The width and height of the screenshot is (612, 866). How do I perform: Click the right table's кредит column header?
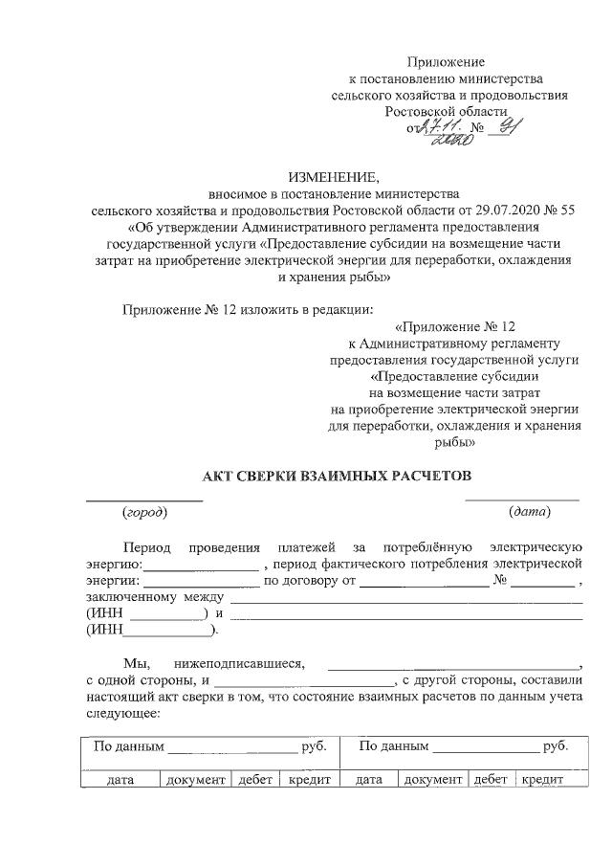pyautogui.click(x=541, y=781)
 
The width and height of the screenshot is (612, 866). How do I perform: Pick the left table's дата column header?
pyautogui.click(x=120, y=781)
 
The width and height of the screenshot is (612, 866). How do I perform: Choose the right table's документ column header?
pyautogui.click(x=433, y=781)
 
